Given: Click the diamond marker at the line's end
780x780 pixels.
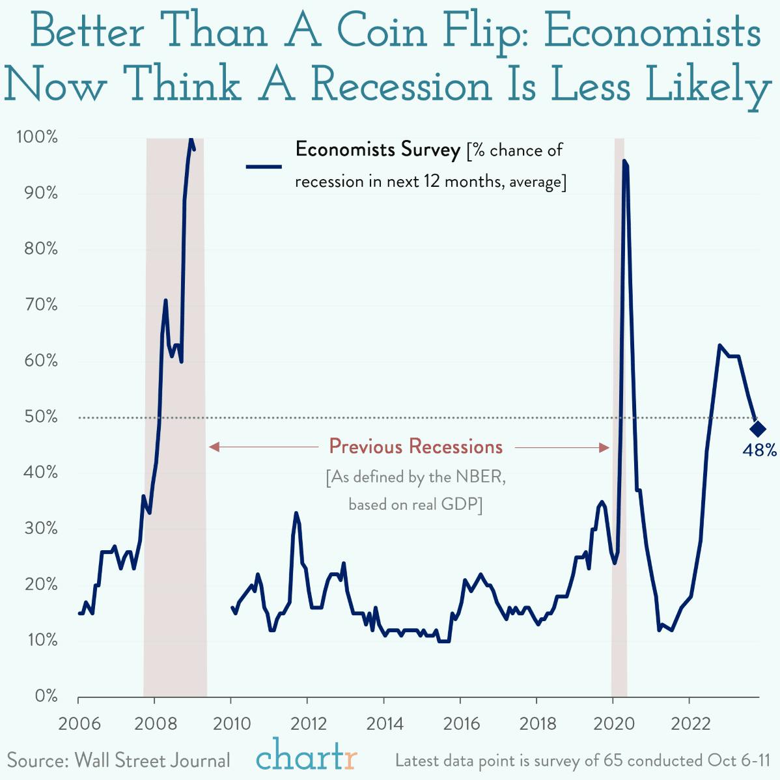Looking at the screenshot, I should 757,428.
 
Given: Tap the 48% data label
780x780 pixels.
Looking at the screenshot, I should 759,450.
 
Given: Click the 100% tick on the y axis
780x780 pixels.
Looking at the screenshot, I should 37,137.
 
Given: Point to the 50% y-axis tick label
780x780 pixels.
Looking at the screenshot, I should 40,417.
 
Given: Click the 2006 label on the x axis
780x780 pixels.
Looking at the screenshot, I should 78,724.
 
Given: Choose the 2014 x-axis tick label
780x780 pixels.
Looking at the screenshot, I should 384,724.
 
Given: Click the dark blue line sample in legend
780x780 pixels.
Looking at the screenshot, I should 264,167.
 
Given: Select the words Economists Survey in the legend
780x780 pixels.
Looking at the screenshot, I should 378,150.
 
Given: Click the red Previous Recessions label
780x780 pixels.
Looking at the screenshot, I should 415,447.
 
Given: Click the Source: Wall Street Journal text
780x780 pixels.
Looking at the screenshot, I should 118,760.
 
